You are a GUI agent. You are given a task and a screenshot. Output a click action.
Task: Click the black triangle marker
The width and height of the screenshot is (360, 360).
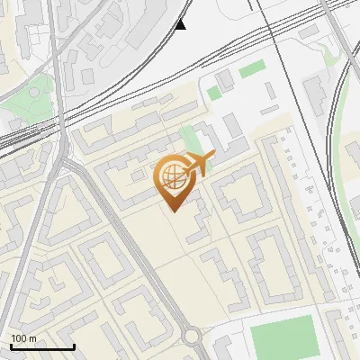coord(181,24)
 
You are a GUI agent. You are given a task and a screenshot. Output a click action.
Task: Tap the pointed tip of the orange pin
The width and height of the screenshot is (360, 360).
coord(172,211)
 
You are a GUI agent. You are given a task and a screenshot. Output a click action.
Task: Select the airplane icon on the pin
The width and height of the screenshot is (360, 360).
coord(199,163)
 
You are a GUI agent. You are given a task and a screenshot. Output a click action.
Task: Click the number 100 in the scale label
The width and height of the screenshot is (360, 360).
coord(20,338)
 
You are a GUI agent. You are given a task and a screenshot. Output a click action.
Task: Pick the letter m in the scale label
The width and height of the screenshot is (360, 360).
coord(32,338)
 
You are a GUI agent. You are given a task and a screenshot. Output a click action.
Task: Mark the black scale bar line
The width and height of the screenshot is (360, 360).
coord(42,346)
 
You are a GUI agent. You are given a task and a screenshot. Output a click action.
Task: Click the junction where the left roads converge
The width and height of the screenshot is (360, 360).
coord(66,162)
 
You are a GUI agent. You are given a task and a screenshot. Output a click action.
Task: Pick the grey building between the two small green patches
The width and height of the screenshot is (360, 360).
coord(225,79)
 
